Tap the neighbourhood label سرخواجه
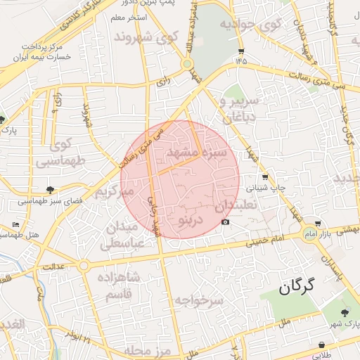coord(199,301)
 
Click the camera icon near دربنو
coord(225,222)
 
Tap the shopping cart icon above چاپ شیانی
coord(264,177)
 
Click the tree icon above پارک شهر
coord(345,313)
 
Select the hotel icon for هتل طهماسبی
coord(16,224)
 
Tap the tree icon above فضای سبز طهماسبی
coord(50,189)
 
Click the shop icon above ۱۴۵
coord(242,51)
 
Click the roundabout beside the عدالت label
coord(84,266)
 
